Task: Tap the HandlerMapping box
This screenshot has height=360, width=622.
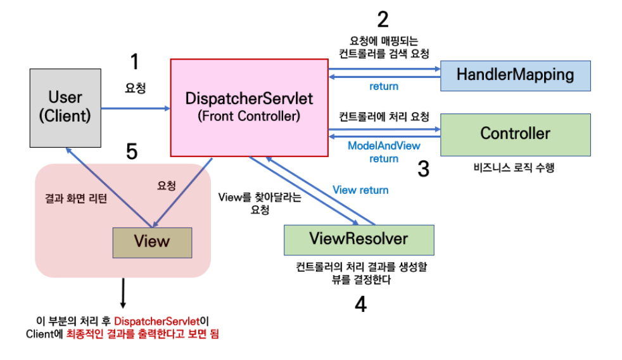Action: (515, 75)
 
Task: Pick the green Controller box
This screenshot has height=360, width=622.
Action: (515, 134)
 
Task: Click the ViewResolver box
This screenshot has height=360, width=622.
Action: (359, 240)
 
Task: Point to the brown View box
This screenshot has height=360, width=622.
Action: (152, 241)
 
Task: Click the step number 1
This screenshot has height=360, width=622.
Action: (134, 61)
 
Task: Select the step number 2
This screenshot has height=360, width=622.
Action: (383, 20)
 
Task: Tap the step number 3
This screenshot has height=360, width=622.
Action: (423, 169)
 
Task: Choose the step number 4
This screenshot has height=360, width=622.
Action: (360, 305)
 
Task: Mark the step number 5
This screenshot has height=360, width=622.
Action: (132, 151)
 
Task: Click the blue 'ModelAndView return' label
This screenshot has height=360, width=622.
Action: (384, 152)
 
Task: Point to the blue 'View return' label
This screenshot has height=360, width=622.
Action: (360, 190)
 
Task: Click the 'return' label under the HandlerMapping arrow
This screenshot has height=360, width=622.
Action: (384, 86)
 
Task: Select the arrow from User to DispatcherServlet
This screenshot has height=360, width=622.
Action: (136, 108)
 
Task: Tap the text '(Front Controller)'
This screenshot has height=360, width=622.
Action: (249, 117)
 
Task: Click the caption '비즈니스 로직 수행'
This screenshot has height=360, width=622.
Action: (509, 169)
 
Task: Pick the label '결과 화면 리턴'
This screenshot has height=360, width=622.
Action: (73, 198)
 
